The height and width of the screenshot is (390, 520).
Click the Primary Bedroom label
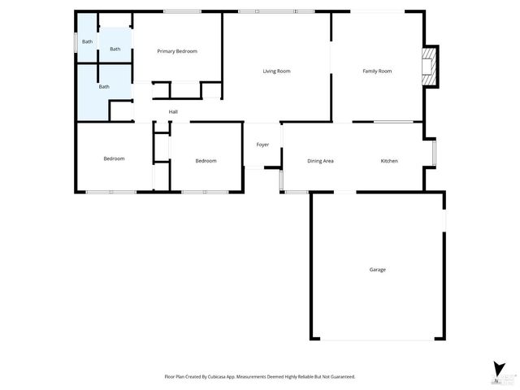click(177, 51)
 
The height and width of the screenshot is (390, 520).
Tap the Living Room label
click(276, 71)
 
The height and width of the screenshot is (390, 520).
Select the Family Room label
click(377, 71)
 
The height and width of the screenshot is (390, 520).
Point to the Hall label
click(173, 112)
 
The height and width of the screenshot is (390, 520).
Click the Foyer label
click(262, 145)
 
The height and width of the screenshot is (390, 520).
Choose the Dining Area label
click(320, 161)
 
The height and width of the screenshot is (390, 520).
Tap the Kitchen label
click(389, 161)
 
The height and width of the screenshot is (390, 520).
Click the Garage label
click(377, 270)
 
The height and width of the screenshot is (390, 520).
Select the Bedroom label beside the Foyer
click(206, 161)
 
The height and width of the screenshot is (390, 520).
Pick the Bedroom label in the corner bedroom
click(114, 158)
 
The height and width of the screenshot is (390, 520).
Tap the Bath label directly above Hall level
click(104, 86)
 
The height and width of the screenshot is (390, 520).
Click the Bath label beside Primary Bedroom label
click(115, 49)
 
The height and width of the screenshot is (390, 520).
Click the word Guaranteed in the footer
click(339, 377)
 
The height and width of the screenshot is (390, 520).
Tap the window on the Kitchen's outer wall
click(435, 153)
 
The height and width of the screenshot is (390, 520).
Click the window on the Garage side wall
click(444, 220)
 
